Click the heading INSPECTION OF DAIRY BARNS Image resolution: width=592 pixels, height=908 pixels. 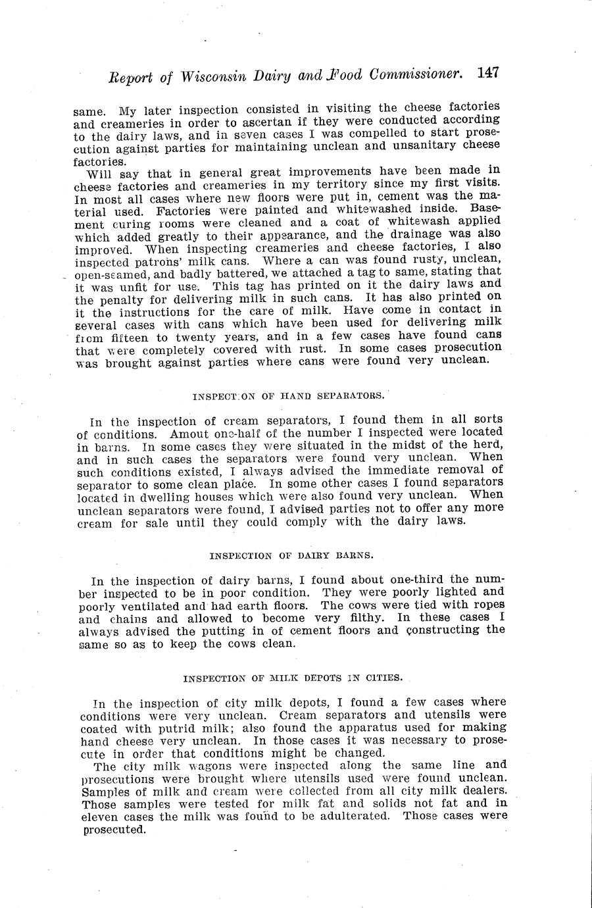coord(291,555)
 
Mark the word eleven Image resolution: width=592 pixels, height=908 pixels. coord(99,817)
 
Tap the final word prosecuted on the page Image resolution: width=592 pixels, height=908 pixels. coord(113,830)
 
